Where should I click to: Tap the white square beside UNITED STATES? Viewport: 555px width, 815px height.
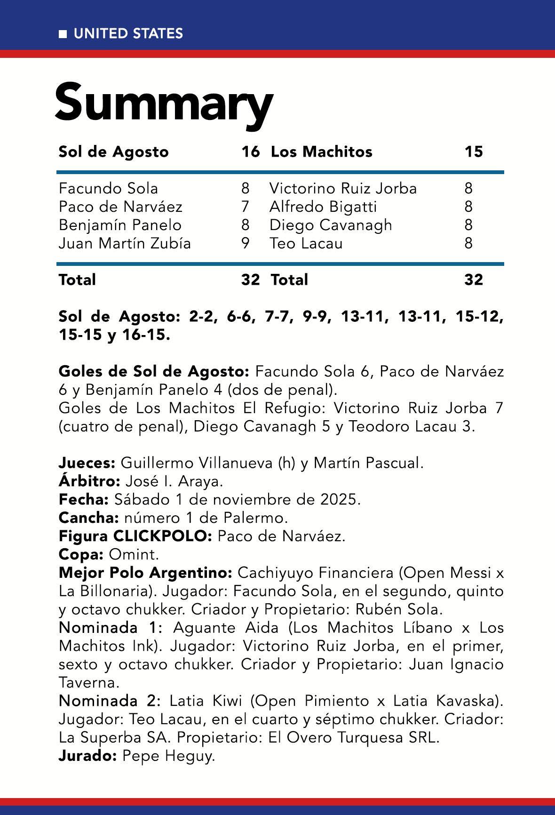[x=63, y=34]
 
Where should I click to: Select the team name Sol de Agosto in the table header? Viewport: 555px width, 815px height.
[x=113, y=152]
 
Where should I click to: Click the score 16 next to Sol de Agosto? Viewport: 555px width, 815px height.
[x=250, y=152]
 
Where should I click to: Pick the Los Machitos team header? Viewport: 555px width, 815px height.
[x=321, y=152]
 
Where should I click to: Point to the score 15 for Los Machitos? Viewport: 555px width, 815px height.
[x=473, y=152]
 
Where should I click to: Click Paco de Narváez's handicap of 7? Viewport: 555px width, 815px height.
[x=245, y=207]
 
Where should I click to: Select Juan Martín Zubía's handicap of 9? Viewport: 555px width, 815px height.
[x=245, y=243]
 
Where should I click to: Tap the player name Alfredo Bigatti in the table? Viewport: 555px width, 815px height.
[x=323, y=207]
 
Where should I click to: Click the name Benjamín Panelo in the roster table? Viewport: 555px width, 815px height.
[x=120, y=225]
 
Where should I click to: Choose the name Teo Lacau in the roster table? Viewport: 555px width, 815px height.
[x=306, y=243]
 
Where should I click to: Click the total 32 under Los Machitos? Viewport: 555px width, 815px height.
[x=473, y=280]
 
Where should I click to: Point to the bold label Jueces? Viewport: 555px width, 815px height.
[x=87, y=463]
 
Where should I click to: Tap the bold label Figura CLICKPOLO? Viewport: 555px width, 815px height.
[x=136, y=536]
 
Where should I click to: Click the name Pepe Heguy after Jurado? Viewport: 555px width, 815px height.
[x=168, y=756]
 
